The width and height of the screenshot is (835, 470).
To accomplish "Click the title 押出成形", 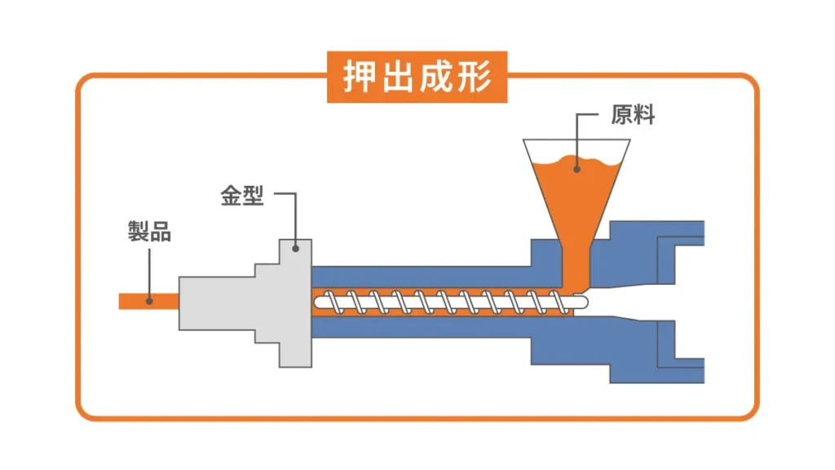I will tap(417, 78).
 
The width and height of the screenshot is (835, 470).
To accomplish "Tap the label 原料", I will tap(633, 115).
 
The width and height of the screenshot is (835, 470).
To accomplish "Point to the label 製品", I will tap(149, 232).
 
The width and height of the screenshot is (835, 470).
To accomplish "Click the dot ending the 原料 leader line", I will tap(577, 170).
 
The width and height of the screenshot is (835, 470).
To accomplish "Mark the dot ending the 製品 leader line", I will tap(149, 300).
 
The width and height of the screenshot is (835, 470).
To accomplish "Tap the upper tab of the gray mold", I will tap(294, 253).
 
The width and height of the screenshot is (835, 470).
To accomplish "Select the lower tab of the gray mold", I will tap(294, 352).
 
